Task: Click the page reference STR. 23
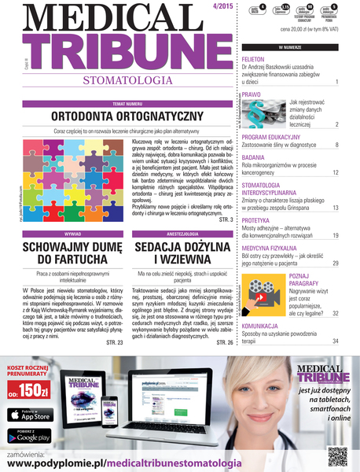115,342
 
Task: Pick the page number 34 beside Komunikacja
335,341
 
